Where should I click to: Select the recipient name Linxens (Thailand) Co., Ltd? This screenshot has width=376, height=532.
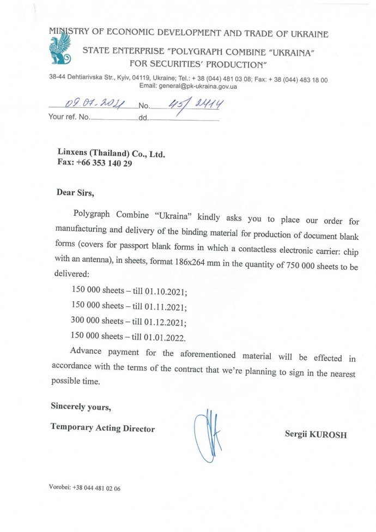tap(111, 154)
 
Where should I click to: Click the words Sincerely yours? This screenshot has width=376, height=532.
tap(81, 406)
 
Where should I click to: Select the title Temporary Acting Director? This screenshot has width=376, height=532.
tap(102, 428)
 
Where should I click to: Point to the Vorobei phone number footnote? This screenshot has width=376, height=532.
tap(84, 488)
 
